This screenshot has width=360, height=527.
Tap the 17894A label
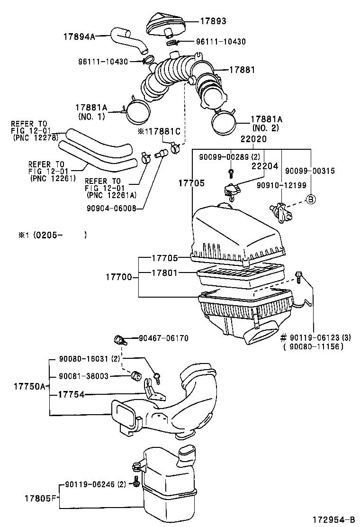click(x=79, y=36)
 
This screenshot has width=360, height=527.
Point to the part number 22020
click(x=253, y=140)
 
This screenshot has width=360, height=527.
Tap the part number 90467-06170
click(x=163, y=338)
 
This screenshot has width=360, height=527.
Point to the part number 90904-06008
click(x=112, y=207)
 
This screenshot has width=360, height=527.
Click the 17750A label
click(x=27, y=386)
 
